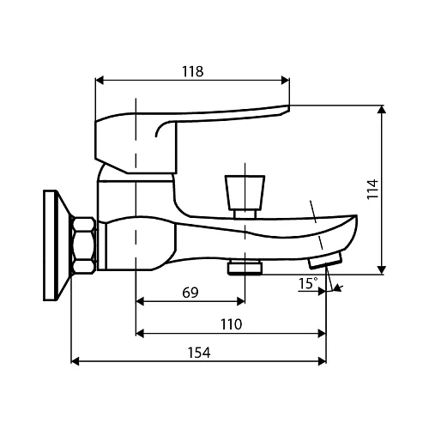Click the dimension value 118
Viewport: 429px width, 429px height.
pos(192,71)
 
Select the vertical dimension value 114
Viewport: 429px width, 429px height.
pos(372,189)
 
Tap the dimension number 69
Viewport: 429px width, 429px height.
pos(190,293)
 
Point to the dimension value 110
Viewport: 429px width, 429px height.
pos(230,323)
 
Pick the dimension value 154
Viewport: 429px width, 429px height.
pos(198,353)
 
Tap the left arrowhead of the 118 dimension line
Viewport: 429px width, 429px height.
pos(98,82)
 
